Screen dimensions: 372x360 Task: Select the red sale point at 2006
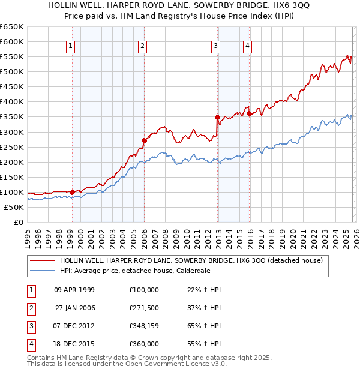[x=144, y=141]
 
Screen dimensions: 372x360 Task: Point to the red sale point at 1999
[x=72, y=193]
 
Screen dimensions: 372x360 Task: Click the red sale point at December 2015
[x=249, y=114]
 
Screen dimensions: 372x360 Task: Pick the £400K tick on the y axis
[x=12, y=102]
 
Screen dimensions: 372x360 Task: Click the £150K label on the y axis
[x=12, y=178]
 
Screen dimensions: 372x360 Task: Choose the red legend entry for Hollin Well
[x=191, y=260]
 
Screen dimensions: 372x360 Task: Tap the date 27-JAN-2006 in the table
[x=74, y=308]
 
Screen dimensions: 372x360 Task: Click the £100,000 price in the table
[x=144, y=290]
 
